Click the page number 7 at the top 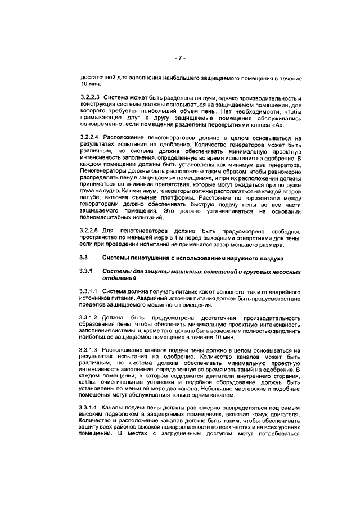[179, 57]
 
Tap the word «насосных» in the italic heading [282, 271]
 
